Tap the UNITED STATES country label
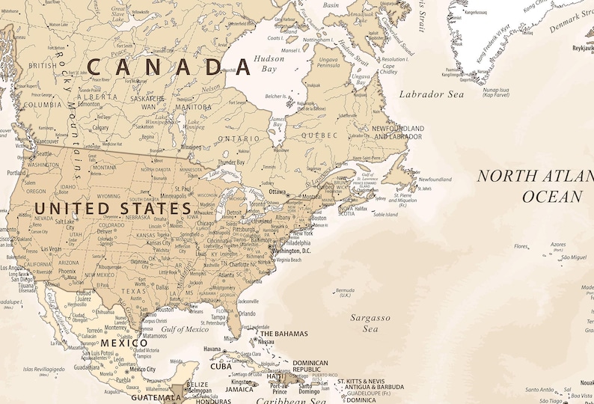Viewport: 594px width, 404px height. pyautogui.click(x=113, y=207)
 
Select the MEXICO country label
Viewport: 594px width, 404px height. pyautogui.click(x=119, y=343)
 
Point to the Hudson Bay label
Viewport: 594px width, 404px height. pyautogui.click(x=269, y=64)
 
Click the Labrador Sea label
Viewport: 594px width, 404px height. pyautogui.click(x=431, y=94)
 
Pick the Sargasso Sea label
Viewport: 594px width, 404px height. pyautogui.click(x=370, y=322)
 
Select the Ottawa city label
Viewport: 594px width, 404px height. pyautogui.click(x=278, y=192)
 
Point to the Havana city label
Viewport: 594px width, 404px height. pyautogui.click(x=212, y=349)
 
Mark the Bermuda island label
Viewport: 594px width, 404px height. pyautogui.click(x=345, y=292)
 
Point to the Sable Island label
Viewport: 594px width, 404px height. pyautogui.click(x=385, y=214)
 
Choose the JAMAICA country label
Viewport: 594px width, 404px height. pyautogui.click(x=240, y=389)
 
